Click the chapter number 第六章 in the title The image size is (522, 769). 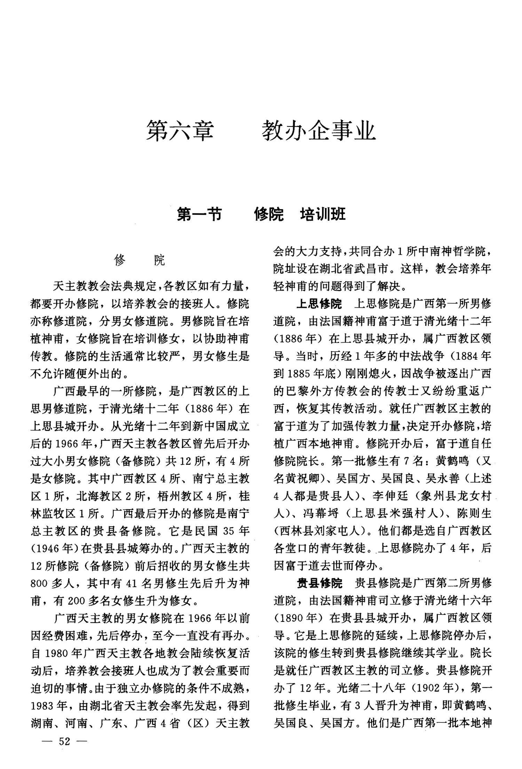tap(180, 131)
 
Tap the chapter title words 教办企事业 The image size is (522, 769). tap(319, 131)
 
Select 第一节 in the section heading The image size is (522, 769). tap(199, 214)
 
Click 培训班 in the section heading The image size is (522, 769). tap(323, 214)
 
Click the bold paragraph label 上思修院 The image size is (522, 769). tap(319, 304)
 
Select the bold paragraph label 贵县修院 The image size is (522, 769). tap(319, 583)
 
